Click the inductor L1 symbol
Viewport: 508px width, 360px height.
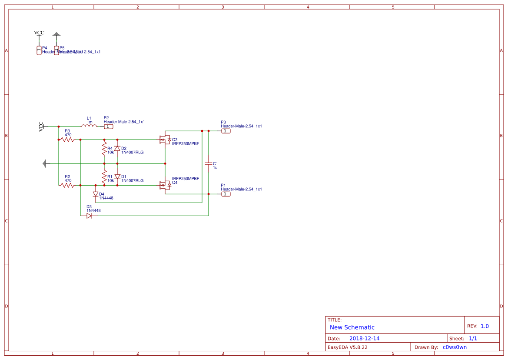89,126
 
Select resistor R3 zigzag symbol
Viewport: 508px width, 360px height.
67,140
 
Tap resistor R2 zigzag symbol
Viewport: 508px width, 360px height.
67,185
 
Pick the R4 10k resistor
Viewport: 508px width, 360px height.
104,150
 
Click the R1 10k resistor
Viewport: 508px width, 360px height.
104,177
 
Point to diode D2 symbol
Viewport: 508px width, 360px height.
117,148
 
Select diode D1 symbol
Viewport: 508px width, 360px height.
117,177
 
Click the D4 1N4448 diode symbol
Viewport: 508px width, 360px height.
96,194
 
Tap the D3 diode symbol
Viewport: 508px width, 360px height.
89,216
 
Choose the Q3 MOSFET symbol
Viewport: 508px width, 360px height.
165,140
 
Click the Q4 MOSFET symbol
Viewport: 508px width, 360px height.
165,185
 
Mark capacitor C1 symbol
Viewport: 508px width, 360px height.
209,163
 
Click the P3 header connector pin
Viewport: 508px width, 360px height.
226,131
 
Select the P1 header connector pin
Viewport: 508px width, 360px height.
226,194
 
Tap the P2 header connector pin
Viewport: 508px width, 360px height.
109,127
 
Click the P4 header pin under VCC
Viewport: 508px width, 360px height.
39,50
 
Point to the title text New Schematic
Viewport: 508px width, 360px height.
352,327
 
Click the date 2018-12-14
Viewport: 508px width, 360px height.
364,338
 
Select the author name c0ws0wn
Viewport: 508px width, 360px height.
455,347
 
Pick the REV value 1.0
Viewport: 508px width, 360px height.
485,326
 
